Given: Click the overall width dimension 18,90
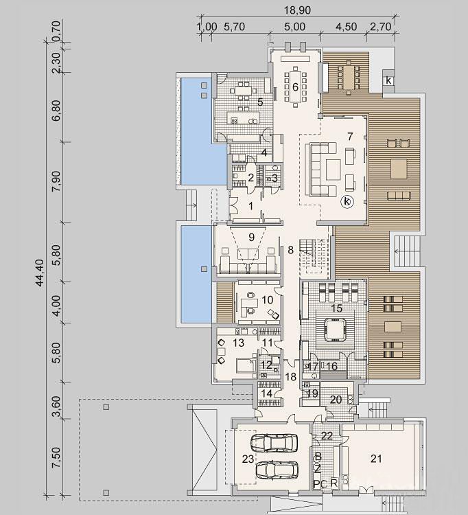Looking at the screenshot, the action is (x=297, y=10).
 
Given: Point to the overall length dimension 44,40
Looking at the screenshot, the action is (x=39, y=273).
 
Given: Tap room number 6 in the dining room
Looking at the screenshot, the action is (x=295, y=87).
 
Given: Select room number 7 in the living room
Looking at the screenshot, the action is (x=350, y=136).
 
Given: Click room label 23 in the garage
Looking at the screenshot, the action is (x=248, y=459).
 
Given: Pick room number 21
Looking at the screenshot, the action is (x=376, y=459).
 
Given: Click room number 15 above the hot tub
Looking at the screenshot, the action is (x=337, y=308).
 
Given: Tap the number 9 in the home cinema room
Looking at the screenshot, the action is (x=251, y=237).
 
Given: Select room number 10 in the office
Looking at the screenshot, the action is (x=268, y=299).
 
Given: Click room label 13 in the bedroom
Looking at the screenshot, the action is (x=239, y=343).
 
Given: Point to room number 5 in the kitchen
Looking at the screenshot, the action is (x=260, y=102).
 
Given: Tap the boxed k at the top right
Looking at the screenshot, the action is (x=388, y=80).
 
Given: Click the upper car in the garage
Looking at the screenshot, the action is (x=274, y=443).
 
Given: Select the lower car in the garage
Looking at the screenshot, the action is (x=277, y=470).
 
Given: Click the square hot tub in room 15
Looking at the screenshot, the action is (x=335, y=330).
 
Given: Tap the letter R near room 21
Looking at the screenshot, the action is (x=334, y=483).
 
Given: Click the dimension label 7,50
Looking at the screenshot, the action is (x=56, y=457).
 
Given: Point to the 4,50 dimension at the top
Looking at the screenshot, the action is (x=346, y=26).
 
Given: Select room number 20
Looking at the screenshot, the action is (x=336, y=400).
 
